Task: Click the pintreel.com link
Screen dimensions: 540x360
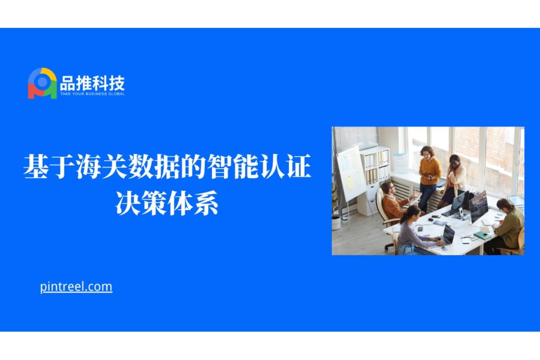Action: [x=76, y=287]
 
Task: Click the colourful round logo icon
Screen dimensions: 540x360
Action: [x=42, y=83]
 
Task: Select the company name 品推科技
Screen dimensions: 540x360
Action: [x=92, y=83]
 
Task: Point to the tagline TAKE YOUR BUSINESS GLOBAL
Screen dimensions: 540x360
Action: [x=92, y=94]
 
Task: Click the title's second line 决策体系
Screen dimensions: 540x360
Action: [x=167, y=203]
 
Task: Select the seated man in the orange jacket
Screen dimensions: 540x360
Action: [x=396, y=202]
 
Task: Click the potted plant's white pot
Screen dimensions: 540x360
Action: [x=336, y=223]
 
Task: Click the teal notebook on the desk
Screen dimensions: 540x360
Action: [x=483, y=236]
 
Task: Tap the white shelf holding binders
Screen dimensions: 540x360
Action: [x=375, y=179]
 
